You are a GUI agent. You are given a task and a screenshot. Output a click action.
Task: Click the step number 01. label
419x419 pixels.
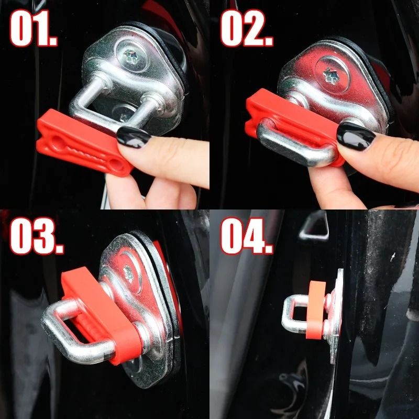click(x=34, y=28)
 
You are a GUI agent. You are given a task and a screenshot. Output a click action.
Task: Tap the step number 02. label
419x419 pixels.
click(x=246, y=28)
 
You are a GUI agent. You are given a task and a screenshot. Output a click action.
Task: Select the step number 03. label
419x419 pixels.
click(x=37, y=236)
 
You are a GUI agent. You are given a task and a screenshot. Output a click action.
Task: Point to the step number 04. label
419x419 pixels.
click(x=247, y=236)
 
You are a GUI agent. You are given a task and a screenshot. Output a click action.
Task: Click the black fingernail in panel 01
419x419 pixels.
click(x=134, y=137)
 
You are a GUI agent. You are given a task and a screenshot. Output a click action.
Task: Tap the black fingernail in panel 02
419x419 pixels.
click(x=356, y=136)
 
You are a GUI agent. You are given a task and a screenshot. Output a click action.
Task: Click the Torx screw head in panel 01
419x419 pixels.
click(x=130, y=57)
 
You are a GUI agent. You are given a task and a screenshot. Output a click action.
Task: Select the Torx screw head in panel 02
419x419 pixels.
click(x=331, y=75)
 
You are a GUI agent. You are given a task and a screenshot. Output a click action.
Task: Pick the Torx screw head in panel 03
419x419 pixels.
click(x=128, y=273)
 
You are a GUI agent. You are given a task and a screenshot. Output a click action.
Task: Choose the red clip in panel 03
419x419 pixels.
click(x=102, y=315)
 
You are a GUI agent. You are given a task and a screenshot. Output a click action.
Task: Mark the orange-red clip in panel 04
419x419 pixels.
click(x=316, y=310)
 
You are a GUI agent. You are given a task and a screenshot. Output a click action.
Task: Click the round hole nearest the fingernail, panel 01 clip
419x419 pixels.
click(x=116, y=165)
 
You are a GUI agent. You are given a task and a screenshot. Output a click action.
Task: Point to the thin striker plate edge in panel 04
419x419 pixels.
click(x=337, y=315)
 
